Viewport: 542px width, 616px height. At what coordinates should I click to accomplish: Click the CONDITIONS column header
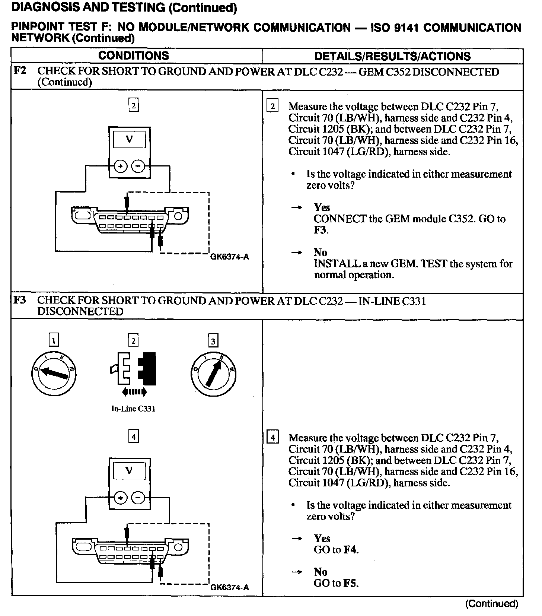pos(133,56)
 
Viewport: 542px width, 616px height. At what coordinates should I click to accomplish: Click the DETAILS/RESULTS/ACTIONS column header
pos(392,56)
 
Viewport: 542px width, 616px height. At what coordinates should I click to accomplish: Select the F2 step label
pos(20,71)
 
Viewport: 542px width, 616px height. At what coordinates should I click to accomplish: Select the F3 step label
pos(20,300)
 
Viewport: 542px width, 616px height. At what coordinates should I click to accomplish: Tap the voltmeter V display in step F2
pos(129,140)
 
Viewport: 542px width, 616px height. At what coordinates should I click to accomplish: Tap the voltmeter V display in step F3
pos(129,471)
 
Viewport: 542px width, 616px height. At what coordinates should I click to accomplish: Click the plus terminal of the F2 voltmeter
pos(120,166)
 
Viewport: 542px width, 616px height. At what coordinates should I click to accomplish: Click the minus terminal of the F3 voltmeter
pos(138,498)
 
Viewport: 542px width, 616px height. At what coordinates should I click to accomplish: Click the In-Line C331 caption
pos(133,409)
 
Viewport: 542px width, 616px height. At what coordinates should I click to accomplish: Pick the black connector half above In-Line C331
pos(147,368)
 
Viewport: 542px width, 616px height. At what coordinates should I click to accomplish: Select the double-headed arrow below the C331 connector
pos(134,391)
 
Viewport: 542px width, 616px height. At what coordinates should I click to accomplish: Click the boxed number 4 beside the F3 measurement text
pos(273,438)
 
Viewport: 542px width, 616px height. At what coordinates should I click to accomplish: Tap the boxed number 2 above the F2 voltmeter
pos(133,106)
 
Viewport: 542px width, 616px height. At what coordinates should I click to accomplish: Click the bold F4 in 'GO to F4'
pos(351,550)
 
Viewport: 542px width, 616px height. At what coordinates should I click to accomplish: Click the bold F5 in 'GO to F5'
pos(351,583)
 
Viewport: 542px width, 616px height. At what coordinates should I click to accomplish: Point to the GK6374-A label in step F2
pos(229,257)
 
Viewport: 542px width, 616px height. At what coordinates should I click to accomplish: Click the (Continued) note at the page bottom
pos(491,604)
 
